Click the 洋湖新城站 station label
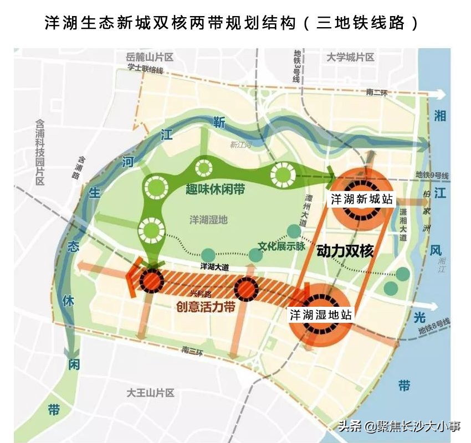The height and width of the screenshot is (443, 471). tap(362, 199)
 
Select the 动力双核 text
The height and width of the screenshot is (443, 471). tap(345, 251)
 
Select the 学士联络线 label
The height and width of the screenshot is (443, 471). tap(145, 70)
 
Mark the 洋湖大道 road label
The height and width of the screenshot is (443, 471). tap(214, 267)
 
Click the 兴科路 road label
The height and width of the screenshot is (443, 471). tap(197, 292)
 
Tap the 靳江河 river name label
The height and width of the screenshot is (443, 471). tap(241, 145)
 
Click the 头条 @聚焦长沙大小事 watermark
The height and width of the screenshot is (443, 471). tap(400, 426)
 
